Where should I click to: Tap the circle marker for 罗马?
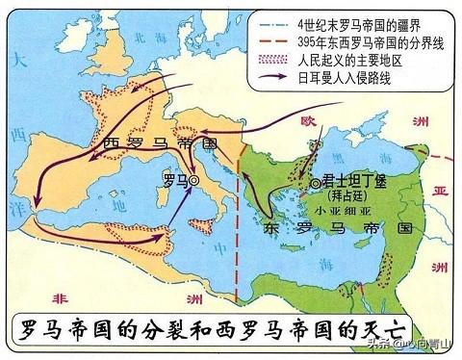(x=193, y=180)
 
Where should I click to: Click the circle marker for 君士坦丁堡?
(x=314, y=182)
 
